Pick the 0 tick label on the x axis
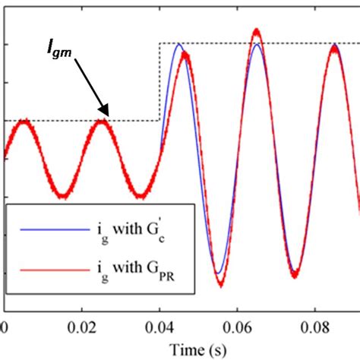(x=5, y=327)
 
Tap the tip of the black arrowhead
(x=109, y=116)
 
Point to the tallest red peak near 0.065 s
(x=257, y=33)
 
